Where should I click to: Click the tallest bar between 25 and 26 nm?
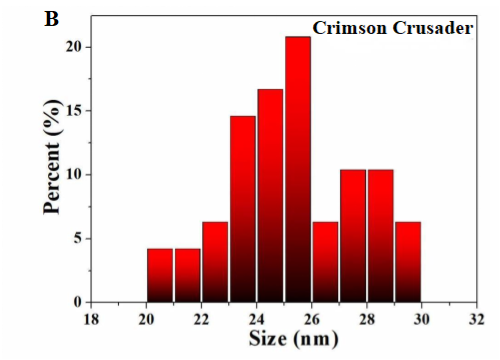[297, 169]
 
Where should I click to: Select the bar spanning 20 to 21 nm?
[160, 275]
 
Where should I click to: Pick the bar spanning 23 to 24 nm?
[243, 209]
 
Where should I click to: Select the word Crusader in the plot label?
[429, 29]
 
